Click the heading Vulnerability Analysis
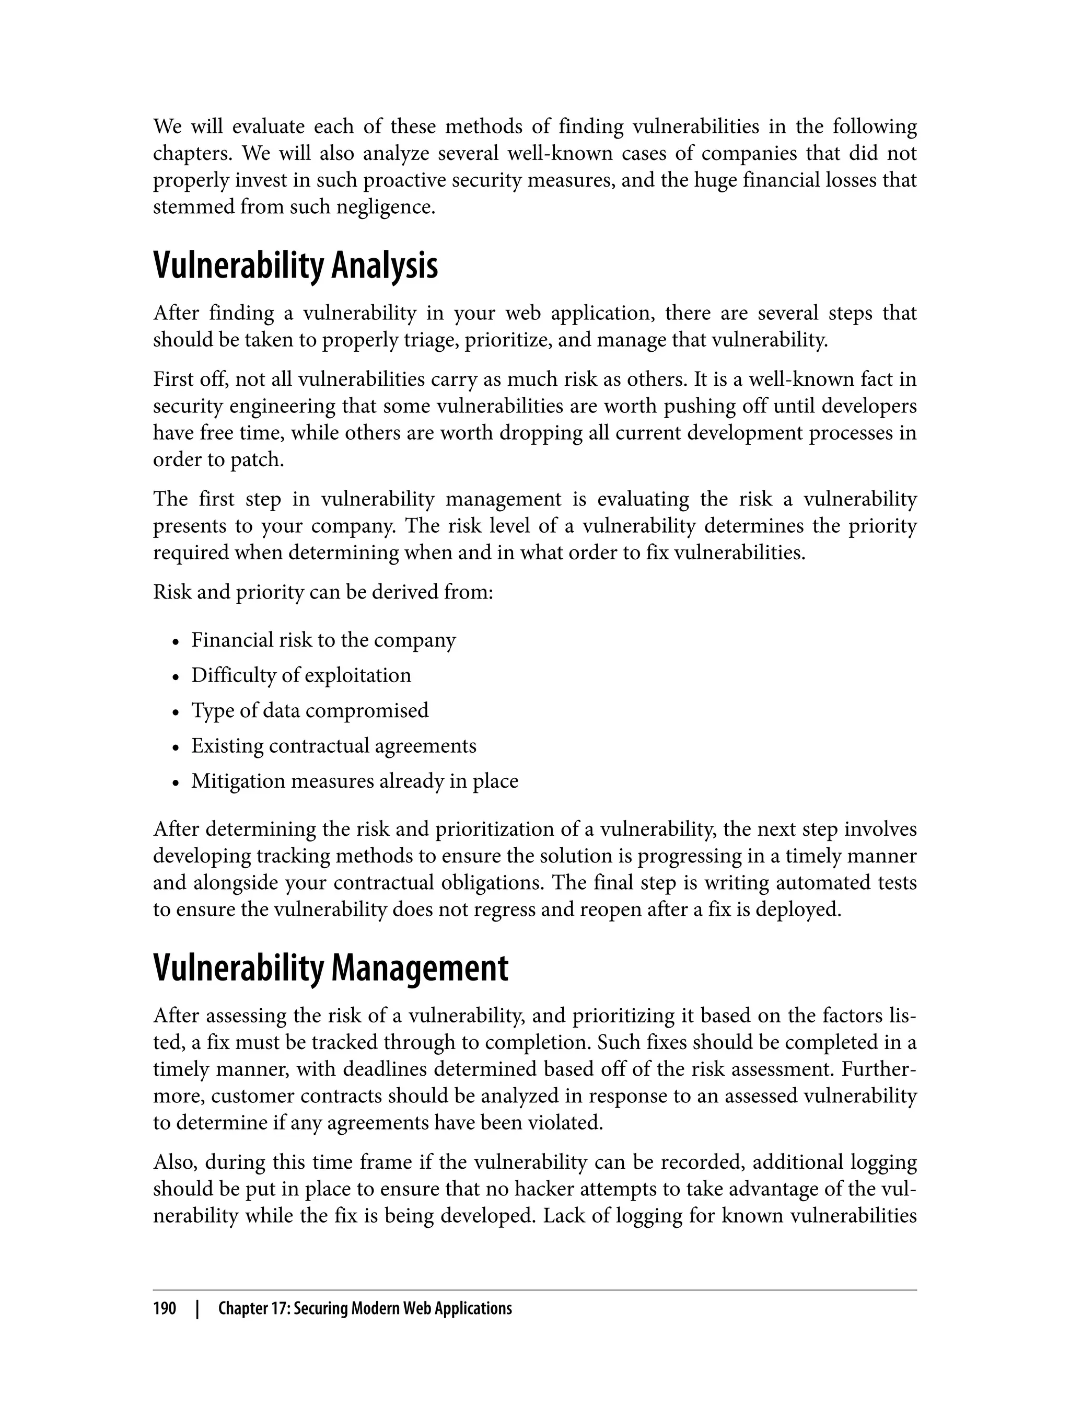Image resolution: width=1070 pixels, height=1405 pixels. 296,267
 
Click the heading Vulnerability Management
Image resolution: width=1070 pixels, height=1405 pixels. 331,969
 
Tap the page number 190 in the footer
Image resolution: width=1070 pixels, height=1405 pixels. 165,1308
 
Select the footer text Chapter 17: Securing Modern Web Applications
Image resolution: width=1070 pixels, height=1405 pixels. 365,1308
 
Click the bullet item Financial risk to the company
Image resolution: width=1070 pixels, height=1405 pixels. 323,640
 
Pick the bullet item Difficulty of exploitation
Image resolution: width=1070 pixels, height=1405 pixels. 301,675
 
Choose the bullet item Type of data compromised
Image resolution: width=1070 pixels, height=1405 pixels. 310,710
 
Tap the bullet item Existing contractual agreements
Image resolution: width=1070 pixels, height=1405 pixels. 334,745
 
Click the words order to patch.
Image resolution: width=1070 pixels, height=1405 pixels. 218,459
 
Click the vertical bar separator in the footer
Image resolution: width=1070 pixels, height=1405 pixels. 197,1308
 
